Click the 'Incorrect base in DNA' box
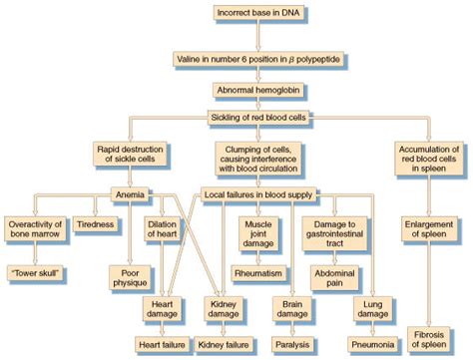coord(258,13)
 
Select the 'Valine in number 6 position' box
coord(258,59)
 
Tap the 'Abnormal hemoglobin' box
coord(258,90)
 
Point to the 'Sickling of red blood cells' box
coord(258,118)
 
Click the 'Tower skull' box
coord(33,270)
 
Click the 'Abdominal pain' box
coord(329,276)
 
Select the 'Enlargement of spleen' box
coord(430,229)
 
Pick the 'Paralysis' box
coord(292,344)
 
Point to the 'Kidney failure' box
coord(224,344)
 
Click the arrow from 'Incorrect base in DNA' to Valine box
coord(258,36)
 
